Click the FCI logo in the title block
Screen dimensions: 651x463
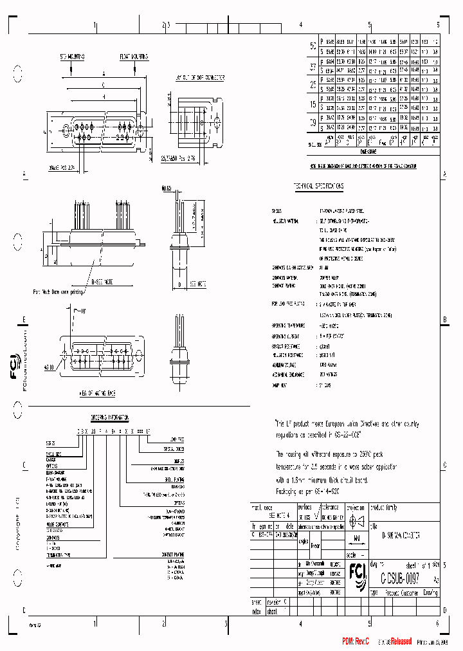(x=356, y=571)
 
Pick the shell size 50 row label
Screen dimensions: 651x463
(x=313, y=46)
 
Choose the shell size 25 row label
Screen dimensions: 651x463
(x=313, y=86)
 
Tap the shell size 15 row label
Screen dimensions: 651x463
(x=313, y=105)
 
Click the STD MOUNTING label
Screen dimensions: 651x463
(x=72, y=57)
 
